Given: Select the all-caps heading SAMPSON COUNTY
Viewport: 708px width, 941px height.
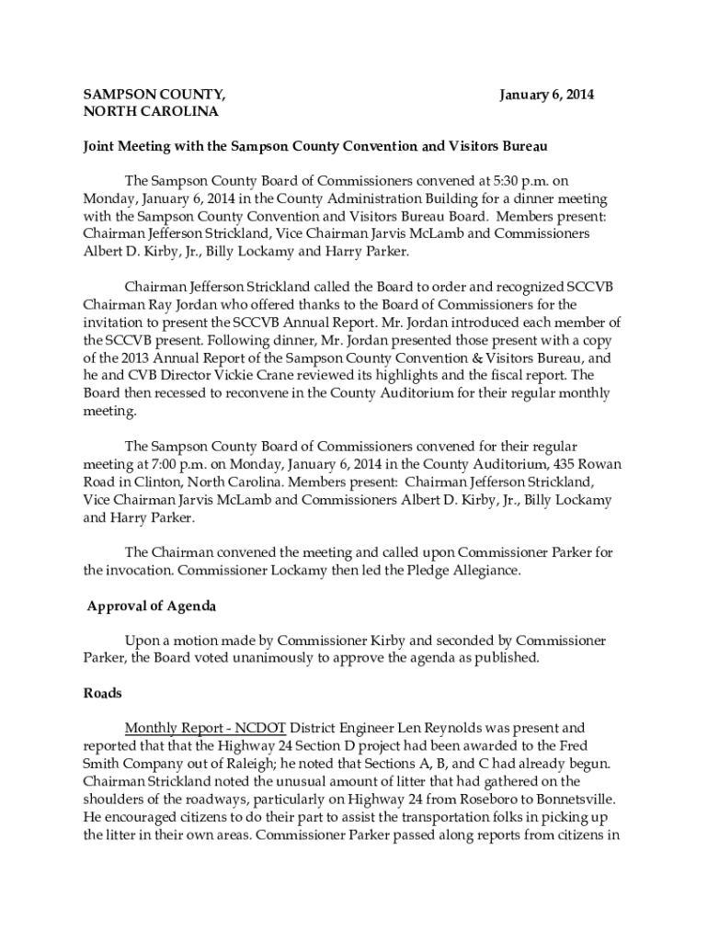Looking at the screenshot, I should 154,95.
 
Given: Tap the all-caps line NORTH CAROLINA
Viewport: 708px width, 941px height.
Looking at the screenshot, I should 151,112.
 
